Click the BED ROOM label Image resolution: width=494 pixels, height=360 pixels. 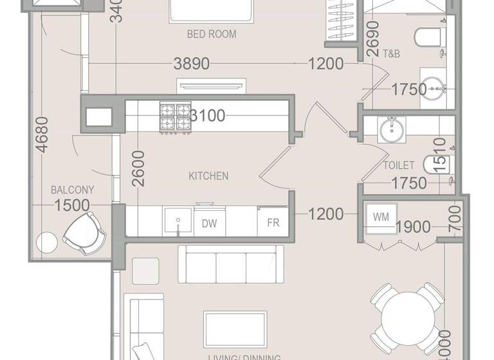[x=211, y=34]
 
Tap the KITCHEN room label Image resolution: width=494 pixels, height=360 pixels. [x=208, y=175]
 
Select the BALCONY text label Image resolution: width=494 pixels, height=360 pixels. [x=73, y=190]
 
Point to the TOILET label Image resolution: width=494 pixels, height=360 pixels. [x=399, y=165]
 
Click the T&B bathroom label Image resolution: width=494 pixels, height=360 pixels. [x=391, y=54]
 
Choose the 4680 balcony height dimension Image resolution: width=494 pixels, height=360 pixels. [x=42, y=134]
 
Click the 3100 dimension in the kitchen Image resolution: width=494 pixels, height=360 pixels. [x=207, y=116]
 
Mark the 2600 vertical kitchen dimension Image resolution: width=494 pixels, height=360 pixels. [x=138, y=168]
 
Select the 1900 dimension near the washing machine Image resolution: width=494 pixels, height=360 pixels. [x=414, y=226]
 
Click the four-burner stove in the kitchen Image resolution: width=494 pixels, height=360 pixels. [x=175, y=117]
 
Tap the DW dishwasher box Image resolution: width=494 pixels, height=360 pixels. [x=208, y=223]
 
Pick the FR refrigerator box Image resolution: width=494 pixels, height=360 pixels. [x=273, y=223]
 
